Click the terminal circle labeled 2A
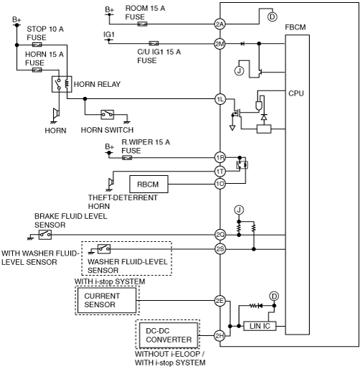219,24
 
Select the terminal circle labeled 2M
219,44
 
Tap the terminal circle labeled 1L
220,99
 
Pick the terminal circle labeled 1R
220,158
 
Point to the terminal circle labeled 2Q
220,235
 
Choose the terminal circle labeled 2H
219,336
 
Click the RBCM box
148,184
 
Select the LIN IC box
260,326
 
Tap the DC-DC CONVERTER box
169,335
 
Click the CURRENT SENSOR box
107,300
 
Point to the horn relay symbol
62,84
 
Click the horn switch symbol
108,115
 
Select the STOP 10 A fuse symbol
37,45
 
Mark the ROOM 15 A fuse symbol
142,24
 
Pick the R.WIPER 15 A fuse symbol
127,158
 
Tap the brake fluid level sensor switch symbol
45,235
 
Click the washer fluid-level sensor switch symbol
104,249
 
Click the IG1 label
109,34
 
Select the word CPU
296,93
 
